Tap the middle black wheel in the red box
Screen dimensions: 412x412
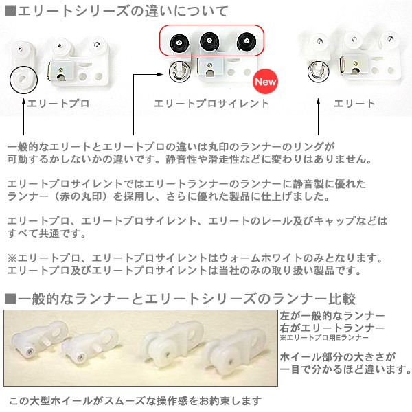[210, 42]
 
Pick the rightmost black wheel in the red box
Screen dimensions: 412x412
[245, 42]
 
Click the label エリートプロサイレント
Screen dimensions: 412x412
[212, 104]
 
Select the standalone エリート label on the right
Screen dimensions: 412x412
[354, 104]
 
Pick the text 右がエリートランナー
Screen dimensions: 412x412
[332, 328]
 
